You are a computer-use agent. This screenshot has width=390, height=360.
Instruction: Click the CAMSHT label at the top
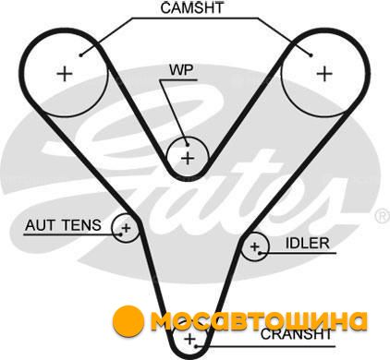point(192,8)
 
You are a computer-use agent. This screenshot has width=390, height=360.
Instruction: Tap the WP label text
point(181,70)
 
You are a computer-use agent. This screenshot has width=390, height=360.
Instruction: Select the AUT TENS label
point(63,225)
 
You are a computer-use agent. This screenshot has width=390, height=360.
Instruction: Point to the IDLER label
point(308,244)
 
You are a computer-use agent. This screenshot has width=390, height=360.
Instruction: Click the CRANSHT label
point(296,334)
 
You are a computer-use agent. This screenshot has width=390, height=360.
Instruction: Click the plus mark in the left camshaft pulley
point(65,74)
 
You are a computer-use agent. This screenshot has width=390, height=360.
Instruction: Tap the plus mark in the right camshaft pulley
point(324,74)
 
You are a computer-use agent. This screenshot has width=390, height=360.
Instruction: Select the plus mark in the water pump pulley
point(188,159)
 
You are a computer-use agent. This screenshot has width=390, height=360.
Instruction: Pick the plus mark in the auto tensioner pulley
point(126,228)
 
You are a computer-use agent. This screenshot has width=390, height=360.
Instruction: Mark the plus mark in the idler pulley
point(254,246)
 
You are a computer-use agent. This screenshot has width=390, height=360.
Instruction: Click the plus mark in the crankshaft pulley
point(190,339)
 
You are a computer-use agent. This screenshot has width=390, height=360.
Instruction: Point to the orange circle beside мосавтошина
point(128,321)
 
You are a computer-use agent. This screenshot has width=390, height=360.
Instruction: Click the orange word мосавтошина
point(260,321)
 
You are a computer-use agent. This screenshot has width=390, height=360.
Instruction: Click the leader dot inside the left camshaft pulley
point(80,55)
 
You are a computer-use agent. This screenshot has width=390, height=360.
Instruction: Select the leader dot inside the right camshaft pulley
point(311,55)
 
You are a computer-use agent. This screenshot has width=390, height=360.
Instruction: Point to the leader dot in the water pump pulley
point(187,144)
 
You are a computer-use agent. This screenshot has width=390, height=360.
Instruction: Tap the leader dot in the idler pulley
point(260,253)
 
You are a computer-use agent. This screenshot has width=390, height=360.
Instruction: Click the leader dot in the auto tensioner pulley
point(121,234)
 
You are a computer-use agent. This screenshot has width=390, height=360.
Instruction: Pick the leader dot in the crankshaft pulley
point(196,346)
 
